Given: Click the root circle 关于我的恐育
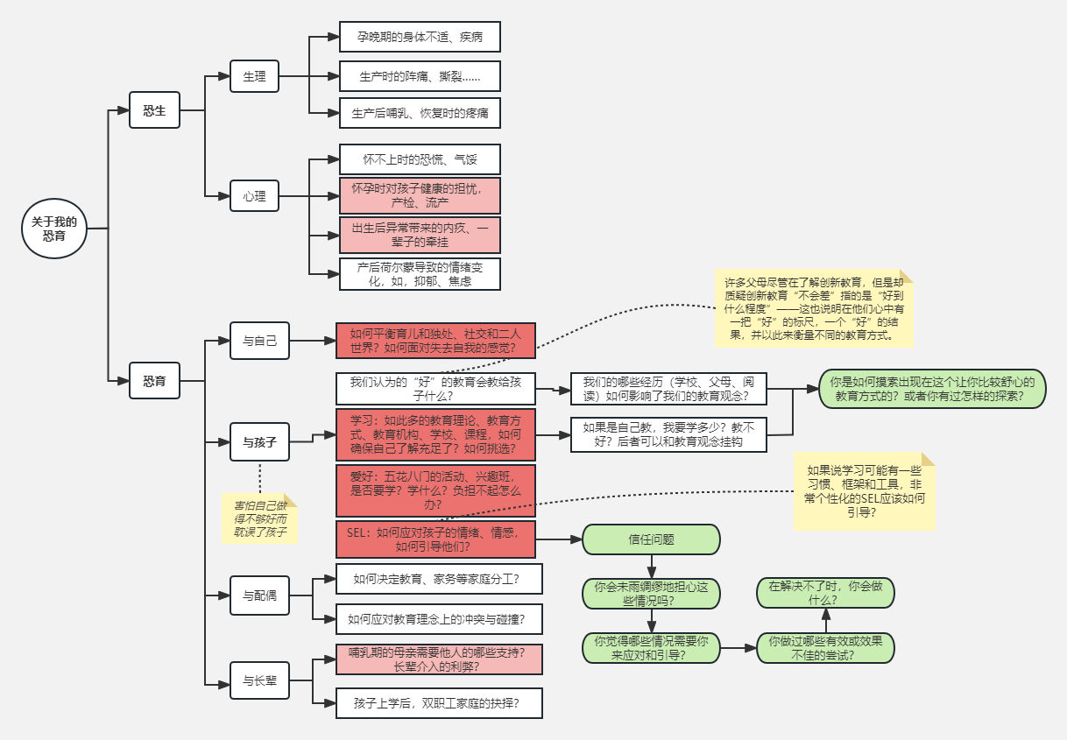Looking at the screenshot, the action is (x=54, y=229).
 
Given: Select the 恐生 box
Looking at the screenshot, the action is (x=154, y=110).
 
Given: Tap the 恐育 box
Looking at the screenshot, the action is (x=154, y=380).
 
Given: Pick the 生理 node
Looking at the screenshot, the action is (x=254, y=76).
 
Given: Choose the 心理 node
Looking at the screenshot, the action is (x=254, y=195).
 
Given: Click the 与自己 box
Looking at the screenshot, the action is (x=259, y=341).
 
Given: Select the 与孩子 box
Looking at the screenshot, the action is (x=259, y=442).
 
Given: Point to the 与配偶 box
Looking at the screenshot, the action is (x=259, y=596).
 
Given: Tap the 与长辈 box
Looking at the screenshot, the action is (x=259, y=680).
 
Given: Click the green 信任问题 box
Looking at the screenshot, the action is (x=651, y=539).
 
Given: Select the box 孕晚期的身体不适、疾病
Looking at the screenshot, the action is (x=420, y=37).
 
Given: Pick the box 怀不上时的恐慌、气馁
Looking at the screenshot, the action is (x=420, y=159).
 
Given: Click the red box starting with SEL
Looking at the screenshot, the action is (x=435, y=539).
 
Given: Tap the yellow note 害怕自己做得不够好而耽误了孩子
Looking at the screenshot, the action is (x=259, y=518).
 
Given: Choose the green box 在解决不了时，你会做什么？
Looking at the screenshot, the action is (x=825, y=593).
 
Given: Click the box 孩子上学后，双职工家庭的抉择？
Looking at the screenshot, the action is (x=439, y=703).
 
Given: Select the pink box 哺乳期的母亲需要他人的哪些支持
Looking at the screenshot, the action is (x=439, y=659).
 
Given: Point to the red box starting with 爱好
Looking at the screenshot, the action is (x=435, y=490).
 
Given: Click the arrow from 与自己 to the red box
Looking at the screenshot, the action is (x=313, y=341).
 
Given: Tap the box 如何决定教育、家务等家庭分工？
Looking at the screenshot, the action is (x=439, y=579).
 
